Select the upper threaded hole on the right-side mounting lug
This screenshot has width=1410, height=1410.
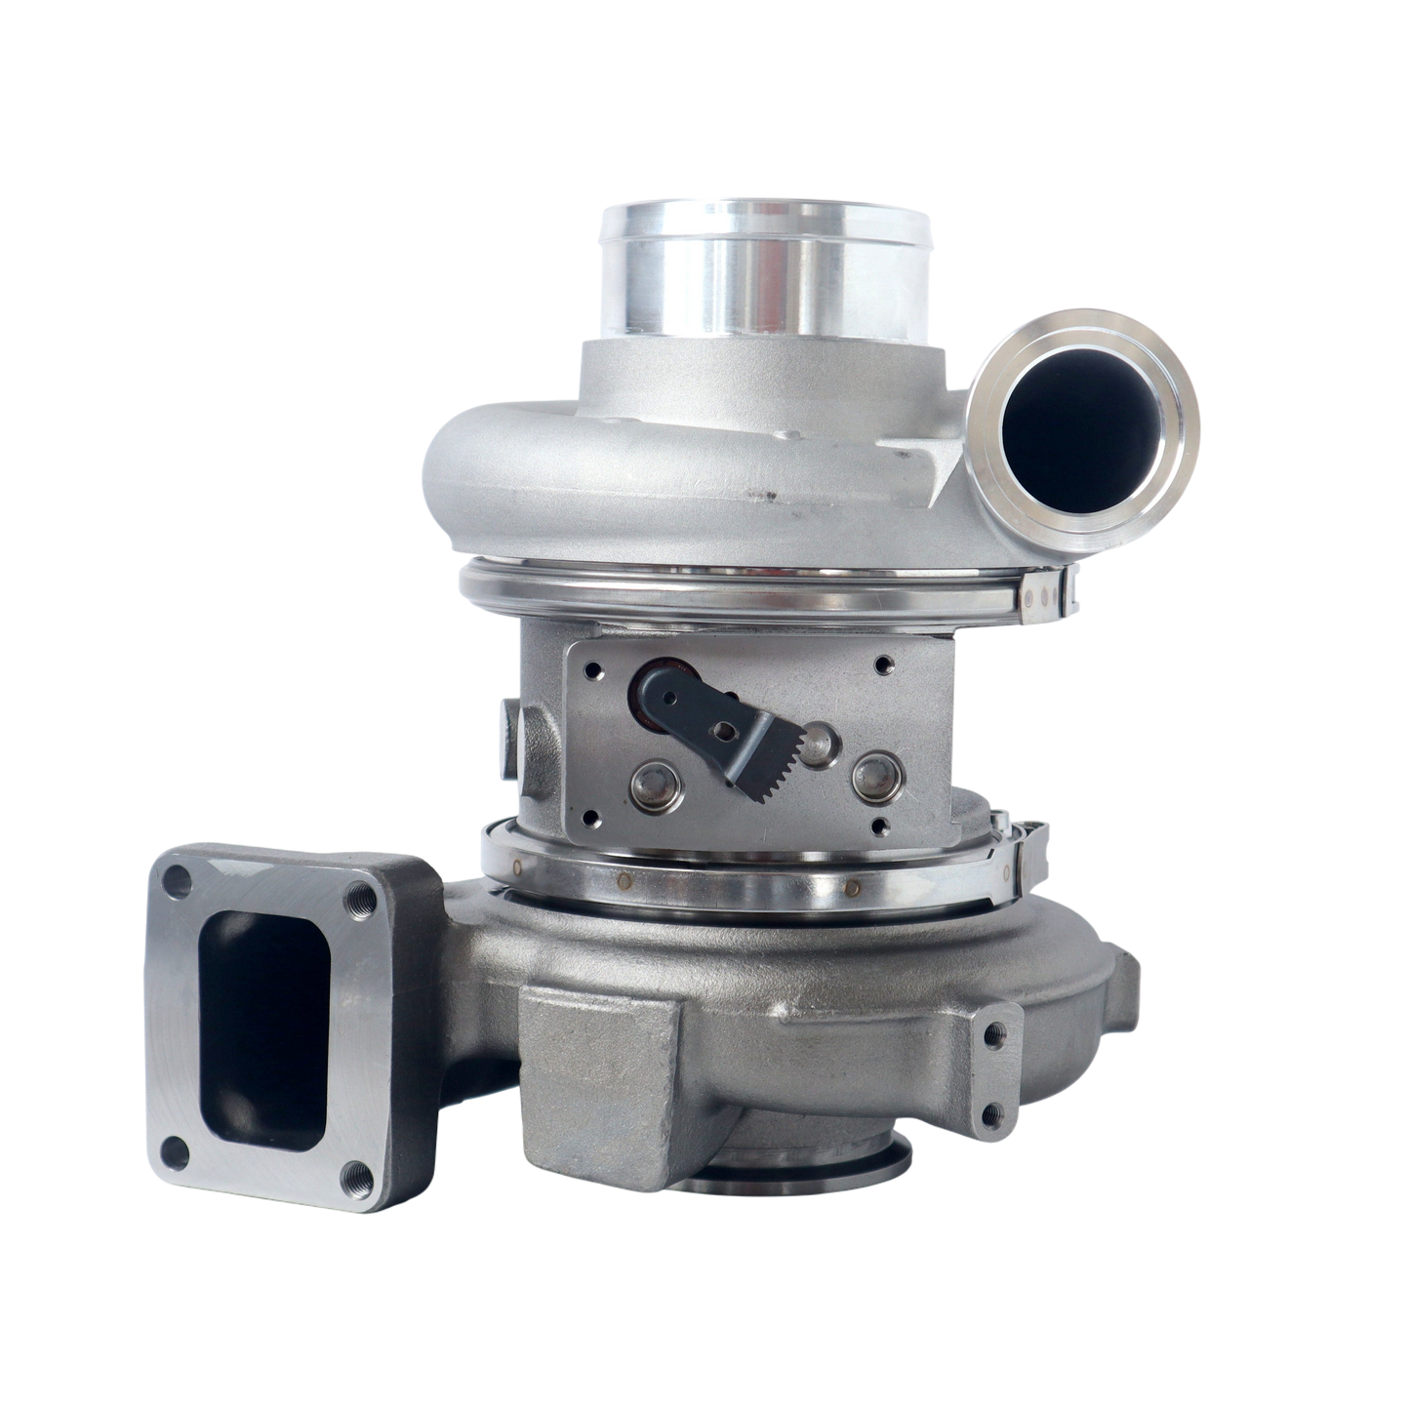coord(994,1030)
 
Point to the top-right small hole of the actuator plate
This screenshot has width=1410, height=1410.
coord(883,666)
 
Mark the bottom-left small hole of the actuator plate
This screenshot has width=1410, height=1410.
coord(588,822)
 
